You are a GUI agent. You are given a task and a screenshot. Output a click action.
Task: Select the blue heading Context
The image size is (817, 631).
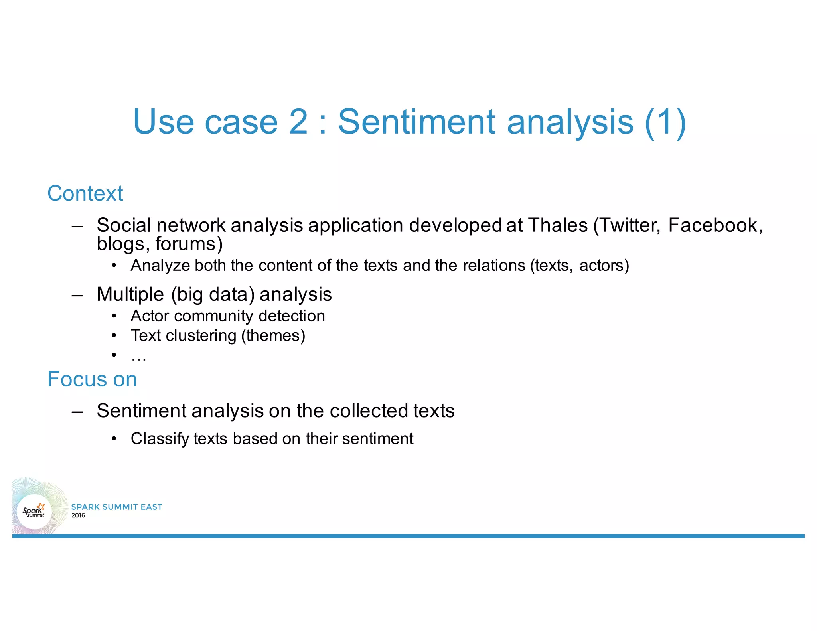tap(85, 193)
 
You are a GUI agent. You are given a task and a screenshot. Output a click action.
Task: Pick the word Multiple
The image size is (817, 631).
tap(130, 294)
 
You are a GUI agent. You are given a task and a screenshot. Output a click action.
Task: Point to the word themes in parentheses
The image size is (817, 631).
tap(273, 335)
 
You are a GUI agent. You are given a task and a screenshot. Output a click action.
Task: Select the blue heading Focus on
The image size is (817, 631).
tap(92, 379)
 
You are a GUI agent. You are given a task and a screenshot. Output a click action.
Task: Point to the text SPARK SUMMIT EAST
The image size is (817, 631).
tap(116, 507)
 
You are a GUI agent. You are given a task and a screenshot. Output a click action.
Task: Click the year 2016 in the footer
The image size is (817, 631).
tap(78, 515)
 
